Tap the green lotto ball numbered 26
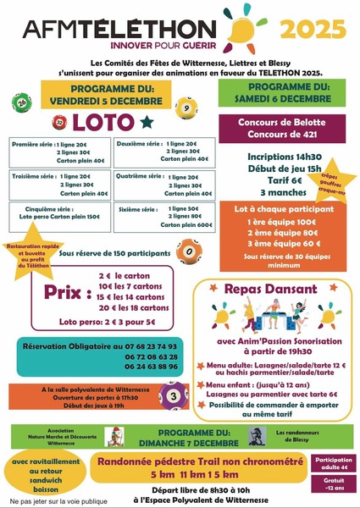(x=20, y=104)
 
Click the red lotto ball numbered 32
(x=59, y=122)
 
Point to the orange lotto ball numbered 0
(x=186, y=250)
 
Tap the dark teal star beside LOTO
(x=148, y=120)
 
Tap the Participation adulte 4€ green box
(x=332, y=465)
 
